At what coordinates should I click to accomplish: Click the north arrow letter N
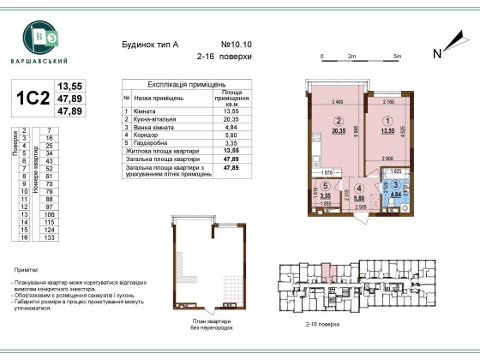pyautogui.click(x=436, y=54)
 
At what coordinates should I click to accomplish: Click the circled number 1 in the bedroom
pyautogui.click(x=388, y=121)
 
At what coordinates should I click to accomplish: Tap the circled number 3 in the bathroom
pyautogui.click(x=396, y=185)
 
